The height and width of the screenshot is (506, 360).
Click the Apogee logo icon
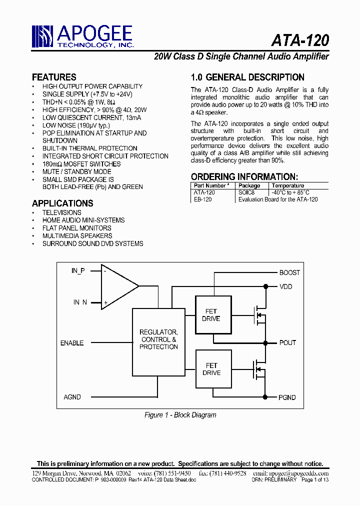[x=42, y=36]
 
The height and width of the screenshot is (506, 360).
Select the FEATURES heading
[x=54, y=77]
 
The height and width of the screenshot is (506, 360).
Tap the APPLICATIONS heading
[x=62, y=203]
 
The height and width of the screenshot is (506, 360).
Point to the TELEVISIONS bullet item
[x=61, y=212]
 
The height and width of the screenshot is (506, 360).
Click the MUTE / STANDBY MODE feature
[x=76, y=171]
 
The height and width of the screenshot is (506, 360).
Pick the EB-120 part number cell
[x=202, y=199]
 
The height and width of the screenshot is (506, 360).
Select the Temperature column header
[x=287, y=185]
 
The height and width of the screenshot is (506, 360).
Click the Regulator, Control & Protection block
[x=158, y=339]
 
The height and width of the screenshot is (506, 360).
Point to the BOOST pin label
[x=289, y=272]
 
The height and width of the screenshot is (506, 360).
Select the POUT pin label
[x=287, y=342]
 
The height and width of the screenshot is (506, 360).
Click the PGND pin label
[x=287, y=397]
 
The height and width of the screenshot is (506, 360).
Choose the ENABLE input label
[x=72, y=343]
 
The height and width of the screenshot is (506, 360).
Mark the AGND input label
[x=72, y=397]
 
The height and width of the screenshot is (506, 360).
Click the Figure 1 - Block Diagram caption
[x=180, y=415]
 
